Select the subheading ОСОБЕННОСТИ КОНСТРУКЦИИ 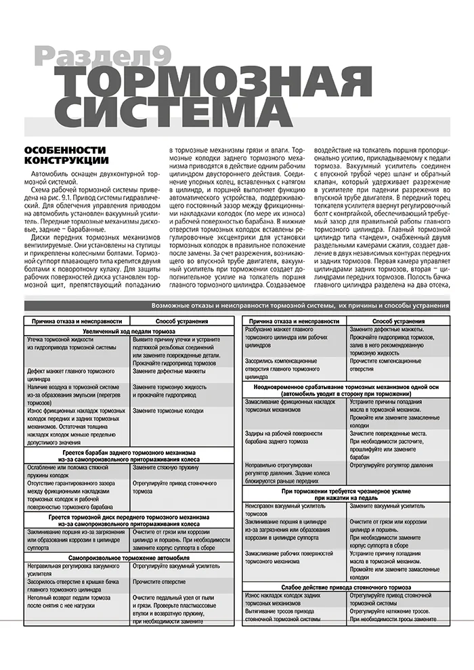(x=66, y=155)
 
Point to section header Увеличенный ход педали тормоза (x=129, y=332)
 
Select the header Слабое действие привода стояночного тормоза (x=345, y=587)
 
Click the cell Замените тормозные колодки (x=169, y=411)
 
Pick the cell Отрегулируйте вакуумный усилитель (x=173, y=566)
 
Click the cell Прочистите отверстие (x=159, y=581)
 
